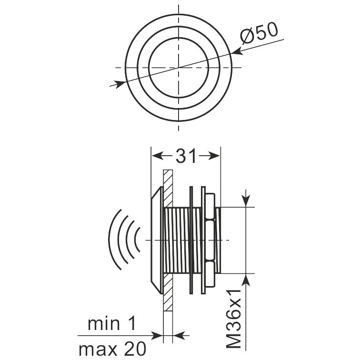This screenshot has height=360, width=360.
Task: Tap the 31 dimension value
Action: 186,156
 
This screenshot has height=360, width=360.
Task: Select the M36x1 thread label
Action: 234,319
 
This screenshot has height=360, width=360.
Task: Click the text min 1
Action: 112,323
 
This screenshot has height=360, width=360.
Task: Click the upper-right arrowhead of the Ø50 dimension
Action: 238,52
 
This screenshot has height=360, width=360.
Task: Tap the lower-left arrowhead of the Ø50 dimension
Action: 120,84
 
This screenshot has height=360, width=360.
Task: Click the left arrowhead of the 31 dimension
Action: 158,156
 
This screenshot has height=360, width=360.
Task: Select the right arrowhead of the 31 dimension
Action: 214,156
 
